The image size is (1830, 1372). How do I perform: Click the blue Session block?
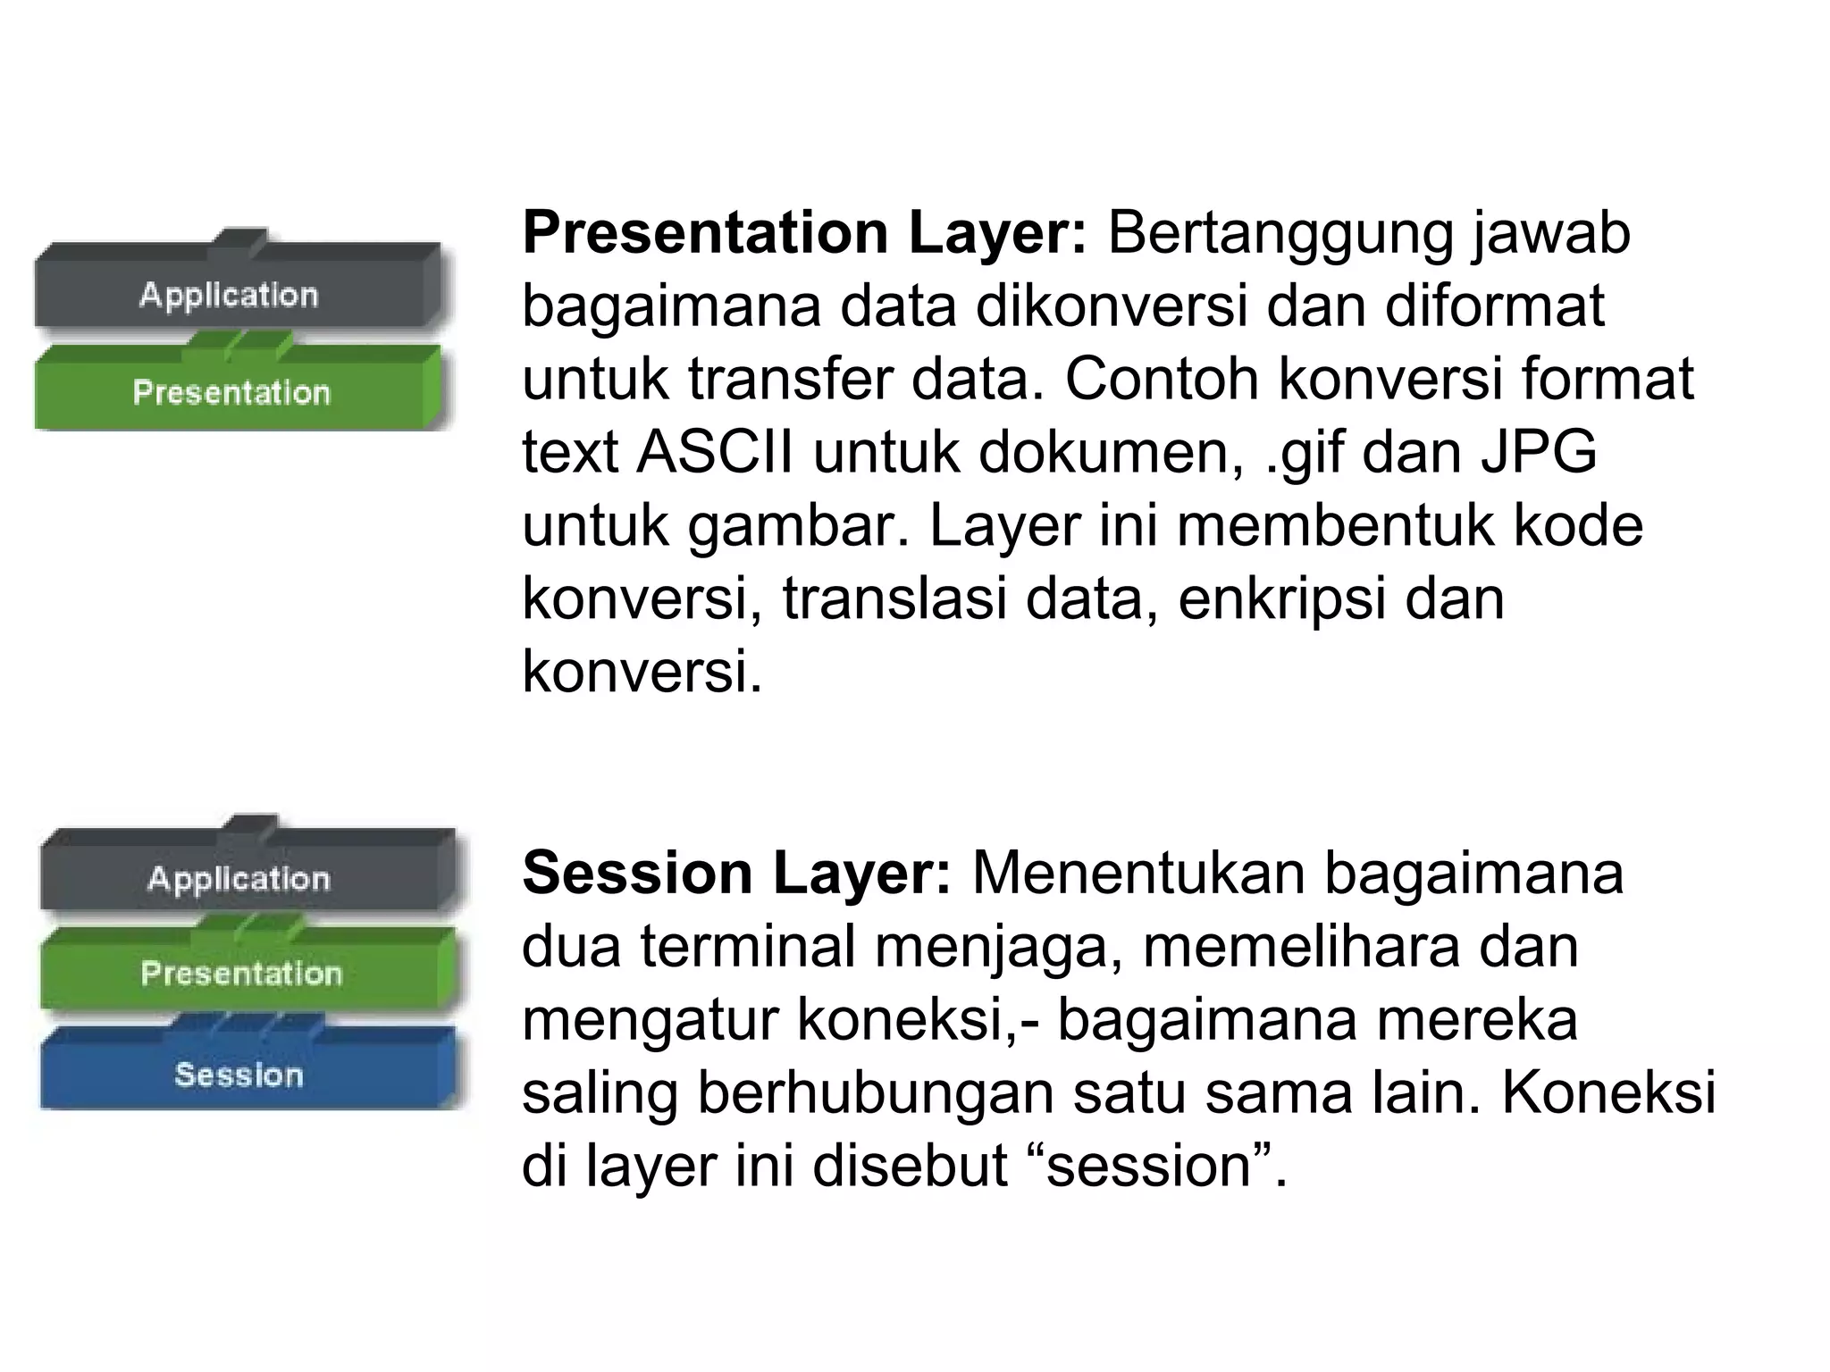click(239, 1072)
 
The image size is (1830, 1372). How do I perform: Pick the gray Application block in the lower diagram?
click(239, 877)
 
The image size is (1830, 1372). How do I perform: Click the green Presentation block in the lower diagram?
click(241, 972)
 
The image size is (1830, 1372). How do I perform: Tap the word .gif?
click(1305, 454)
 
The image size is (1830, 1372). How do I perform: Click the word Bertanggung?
click(1280, 234)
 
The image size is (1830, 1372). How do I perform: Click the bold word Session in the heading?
click(636, 873)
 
